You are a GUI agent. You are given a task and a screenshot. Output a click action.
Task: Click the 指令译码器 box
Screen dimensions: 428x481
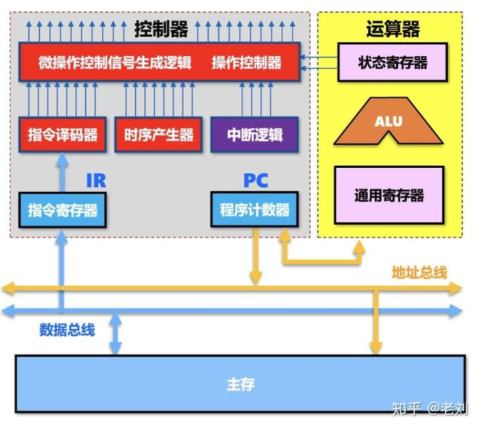pyautogui.click(x=63, y=134)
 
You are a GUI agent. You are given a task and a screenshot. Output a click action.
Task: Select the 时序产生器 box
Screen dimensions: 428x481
pyautogui.click(x=158, y=134)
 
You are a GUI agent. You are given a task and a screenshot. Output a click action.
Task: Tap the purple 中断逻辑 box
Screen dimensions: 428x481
pyautogui.click(x=254, y=134)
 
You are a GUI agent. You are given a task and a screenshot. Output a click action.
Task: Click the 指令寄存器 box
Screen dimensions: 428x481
pyautogui.click(x=63, y=210)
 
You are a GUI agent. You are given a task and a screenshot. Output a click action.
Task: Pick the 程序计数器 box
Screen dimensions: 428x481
pyautogui.click(x=255, y=210)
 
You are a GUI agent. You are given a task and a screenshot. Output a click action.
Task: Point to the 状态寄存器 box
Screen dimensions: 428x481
pyautogui.click(x=392, y=63)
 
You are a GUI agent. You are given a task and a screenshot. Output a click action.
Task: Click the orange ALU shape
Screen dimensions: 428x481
pyautogui.click(x=388, y=123)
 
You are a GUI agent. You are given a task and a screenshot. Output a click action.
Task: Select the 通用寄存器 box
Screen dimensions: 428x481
pyautogui.click(x=389, y=196)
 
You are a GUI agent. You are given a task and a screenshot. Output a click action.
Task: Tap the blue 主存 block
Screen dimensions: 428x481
pyautogui.click(x=240, y=385)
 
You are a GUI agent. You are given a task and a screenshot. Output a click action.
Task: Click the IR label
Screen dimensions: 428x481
pyautogui.click(x=96, y=180)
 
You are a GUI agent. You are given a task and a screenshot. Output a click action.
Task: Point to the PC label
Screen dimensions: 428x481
pyautogui.click(x=255, y=180)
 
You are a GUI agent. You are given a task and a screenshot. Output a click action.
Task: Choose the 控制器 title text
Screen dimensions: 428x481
pyautogui.click(x=161, y=29)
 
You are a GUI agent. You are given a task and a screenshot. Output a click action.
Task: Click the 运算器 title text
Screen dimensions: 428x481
pyautogui.click(x=393, y=29)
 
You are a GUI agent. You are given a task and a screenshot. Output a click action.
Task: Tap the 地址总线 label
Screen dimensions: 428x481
pyautogui.click(x=419, y=272)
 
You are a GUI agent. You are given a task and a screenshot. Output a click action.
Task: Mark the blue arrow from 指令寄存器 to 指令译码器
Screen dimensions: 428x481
pyautogui.click(x=62, y=171)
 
